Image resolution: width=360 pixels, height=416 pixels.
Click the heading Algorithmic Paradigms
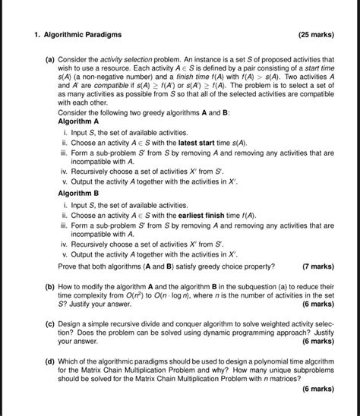click(x=83, y=35)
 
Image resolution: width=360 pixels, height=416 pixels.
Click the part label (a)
click(x=48, y=58)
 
